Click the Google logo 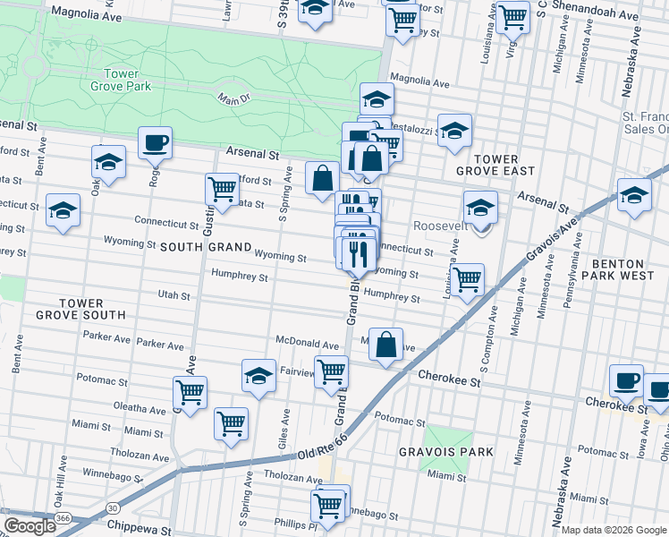coord(30,525)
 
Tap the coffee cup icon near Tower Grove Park coord(155,141)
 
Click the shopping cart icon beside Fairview coord(332,369)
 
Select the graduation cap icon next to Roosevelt coord(480,208)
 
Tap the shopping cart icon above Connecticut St coord(222,188)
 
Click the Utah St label coord(174,294)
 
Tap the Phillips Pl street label coord(295,523)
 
